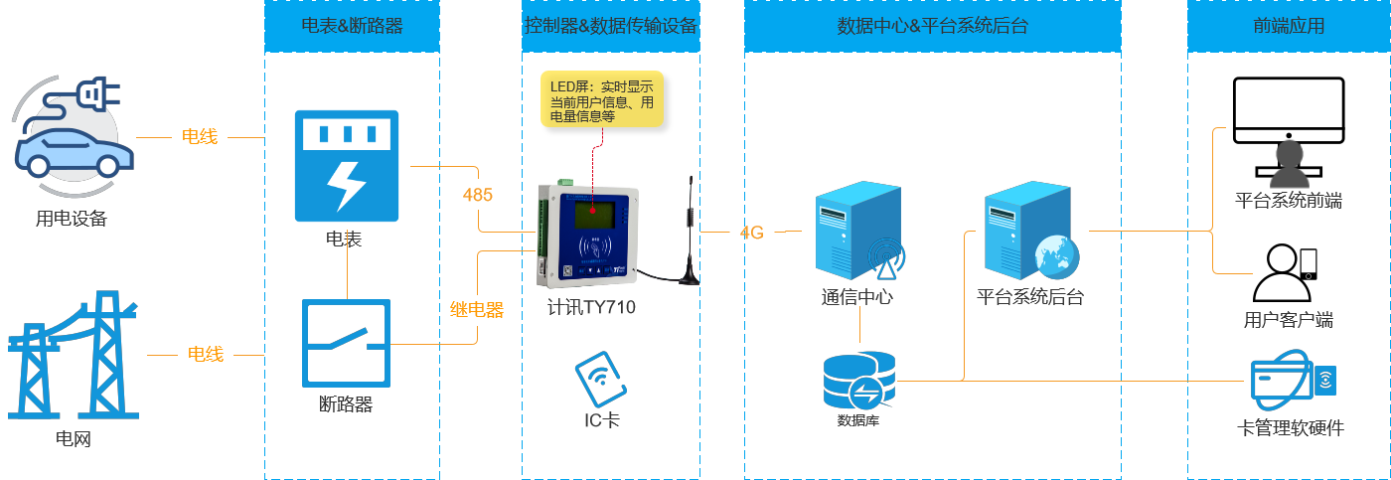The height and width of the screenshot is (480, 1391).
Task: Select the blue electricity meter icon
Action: [346, 166]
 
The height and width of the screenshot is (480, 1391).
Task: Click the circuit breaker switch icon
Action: [346, 343]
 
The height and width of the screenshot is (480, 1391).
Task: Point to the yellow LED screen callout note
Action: [602, 98]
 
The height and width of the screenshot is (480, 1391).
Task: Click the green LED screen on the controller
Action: [592, 212]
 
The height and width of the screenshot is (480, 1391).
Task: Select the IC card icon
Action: [601, 378]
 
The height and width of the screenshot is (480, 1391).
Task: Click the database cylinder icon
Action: [858, 379]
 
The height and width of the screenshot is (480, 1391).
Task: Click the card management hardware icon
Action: [1292, 384]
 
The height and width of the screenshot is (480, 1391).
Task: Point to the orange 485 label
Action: [477, 195]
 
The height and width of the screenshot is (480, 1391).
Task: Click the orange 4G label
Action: [752, 233]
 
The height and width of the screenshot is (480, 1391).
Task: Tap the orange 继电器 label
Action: [477, 310]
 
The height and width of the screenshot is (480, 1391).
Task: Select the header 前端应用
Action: [1289, 27]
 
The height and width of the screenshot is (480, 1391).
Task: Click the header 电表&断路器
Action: [352, 27]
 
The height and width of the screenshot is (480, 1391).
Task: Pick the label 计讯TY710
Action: [591, 307]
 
